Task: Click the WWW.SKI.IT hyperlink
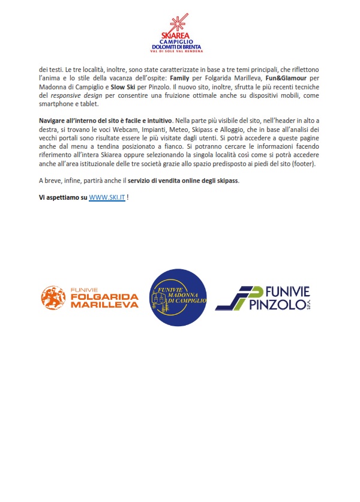[x=107, y=197]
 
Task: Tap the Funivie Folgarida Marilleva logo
[x=89, y=297]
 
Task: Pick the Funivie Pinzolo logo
[x=262, y=298]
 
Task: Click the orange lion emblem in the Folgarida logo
[x=52, y=297]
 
